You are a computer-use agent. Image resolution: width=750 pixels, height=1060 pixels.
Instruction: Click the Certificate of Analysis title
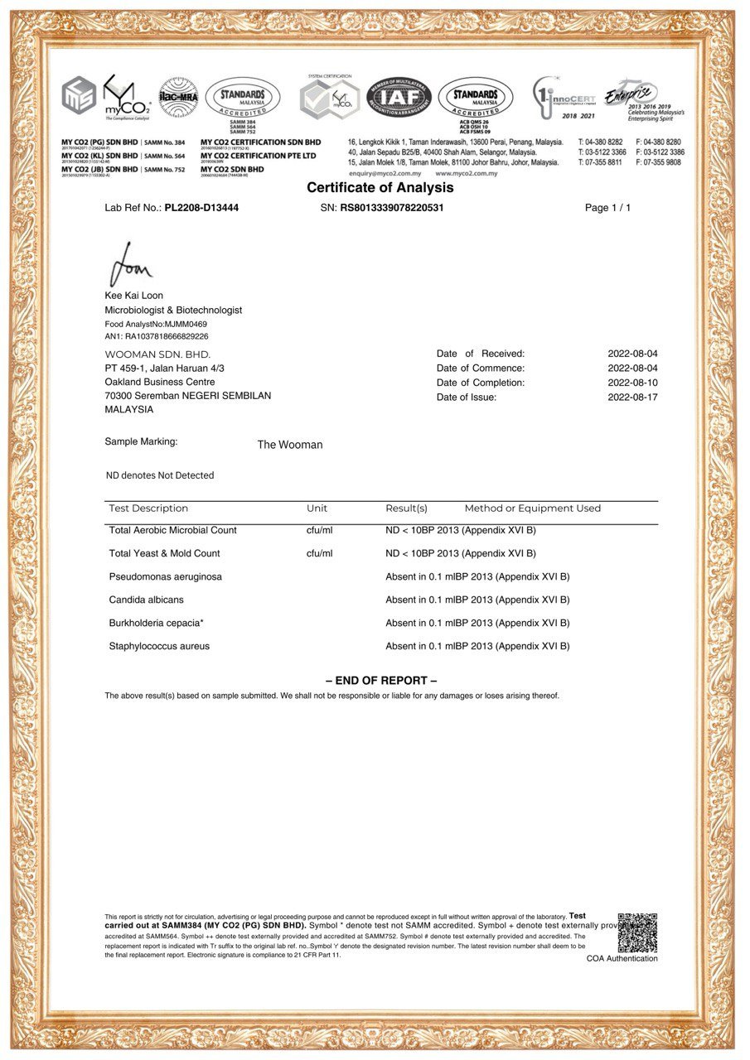(380, 188)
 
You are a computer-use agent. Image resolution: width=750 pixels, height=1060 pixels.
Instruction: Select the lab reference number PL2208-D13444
(201, 208)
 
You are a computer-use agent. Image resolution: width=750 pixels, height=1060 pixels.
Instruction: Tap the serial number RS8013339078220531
(392, 208)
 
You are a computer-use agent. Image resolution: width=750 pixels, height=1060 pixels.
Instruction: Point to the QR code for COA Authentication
(636, 932)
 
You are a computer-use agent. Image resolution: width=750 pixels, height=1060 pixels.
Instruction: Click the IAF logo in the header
(399, 97)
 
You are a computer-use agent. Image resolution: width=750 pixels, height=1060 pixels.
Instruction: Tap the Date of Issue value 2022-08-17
(632, 397)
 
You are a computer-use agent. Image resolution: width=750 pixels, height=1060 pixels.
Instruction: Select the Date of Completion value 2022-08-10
(632, 383)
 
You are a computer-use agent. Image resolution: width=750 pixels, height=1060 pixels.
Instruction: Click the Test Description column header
(148, 508)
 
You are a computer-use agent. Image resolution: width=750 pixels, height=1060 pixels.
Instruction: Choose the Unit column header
(317, 508)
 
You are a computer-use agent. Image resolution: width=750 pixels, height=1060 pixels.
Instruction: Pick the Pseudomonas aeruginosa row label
(165, 576)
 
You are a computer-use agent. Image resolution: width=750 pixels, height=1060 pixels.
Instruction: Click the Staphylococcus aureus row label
(159, 646)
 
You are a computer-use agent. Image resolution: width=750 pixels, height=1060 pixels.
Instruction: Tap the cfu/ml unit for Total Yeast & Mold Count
(319, 553)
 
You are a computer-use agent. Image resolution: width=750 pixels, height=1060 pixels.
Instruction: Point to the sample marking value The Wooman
(290, 445)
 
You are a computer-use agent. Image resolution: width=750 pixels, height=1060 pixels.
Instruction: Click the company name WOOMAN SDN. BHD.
(157, 354)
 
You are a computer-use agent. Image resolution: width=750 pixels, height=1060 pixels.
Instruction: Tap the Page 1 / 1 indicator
(607, 208)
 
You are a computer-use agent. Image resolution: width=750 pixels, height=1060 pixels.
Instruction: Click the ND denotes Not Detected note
(159, 475)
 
